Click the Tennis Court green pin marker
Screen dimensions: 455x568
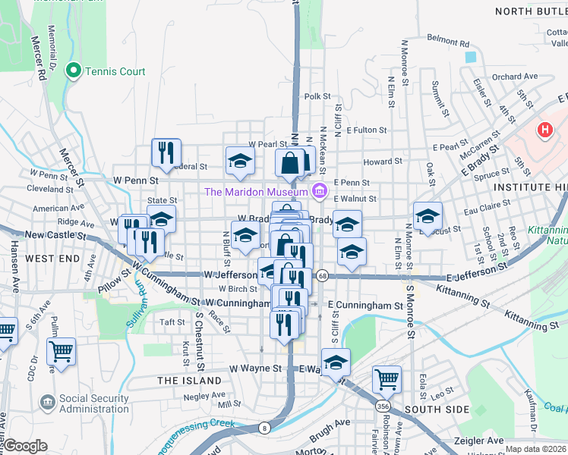[74, 71]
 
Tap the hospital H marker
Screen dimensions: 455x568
[544, 130]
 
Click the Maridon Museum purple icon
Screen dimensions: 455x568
[320, 190]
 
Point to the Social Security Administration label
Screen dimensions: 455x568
[94, 403]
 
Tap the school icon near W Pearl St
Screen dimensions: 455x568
[239, 161]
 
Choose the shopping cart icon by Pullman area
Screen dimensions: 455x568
[60, 351]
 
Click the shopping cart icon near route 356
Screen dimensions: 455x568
[387, 377]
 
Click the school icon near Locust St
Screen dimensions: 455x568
[427, 216]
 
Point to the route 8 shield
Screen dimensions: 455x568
[264, 428]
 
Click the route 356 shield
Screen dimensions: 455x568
[378, 406]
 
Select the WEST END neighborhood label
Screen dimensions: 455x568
[52, 259]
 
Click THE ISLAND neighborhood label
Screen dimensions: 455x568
[189, 380]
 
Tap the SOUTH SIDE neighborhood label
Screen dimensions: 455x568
[437, 409]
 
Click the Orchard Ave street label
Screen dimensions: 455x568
[514, 77]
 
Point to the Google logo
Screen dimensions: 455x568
[26, 445]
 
